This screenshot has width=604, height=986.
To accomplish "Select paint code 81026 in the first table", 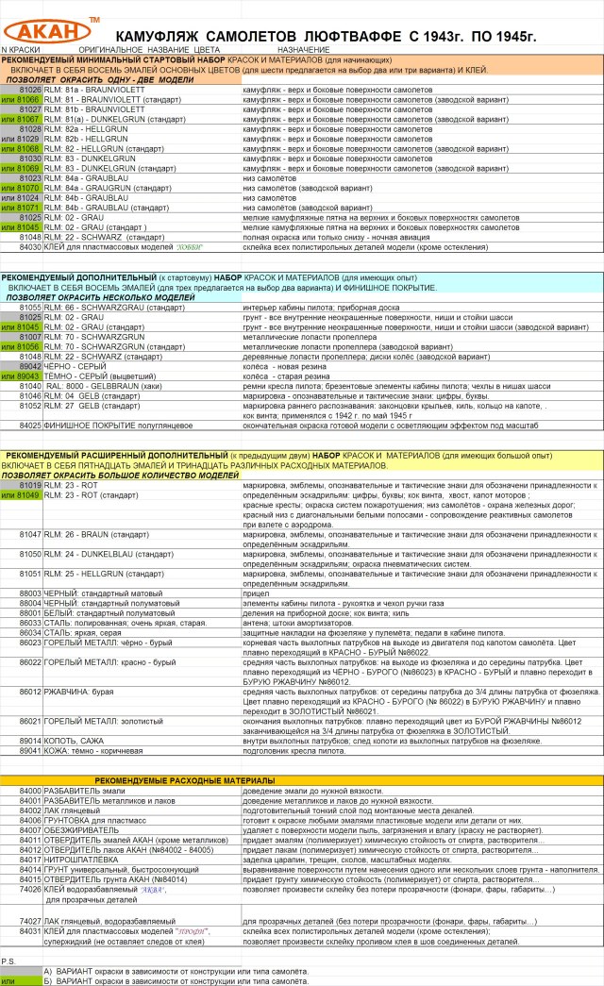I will pyautogui.click(x=29, y=90).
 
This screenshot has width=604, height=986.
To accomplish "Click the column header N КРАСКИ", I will pyautogui.click(x=21, y=48).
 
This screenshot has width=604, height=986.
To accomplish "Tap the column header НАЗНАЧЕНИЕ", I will pyautogui.click(x=303, y=48).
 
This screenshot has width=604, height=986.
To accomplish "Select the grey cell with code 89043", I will pyautogui.click(x=29, y=376).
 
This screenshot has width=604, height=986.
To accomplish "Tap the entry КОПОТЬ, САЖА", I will pyautogui.click(x=76, y=741).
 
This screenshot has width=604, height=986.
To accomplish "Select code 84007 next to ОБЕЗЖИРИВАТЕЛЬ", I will pyautogui.click(x=30, y=819).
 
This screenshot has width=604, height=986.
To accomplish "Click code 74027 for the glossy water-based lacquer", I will pyautogui.click(x=30, y=920).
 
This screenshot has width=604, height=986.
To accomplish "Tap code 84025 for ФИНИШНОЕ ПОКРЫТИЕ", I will pyautogui.click(x=30, y=426).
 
